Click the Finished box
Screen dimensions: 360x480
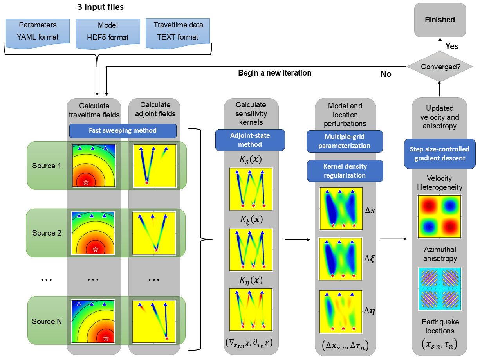click(440, 20)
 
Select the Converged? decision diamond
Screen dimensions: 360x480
click(440, 67)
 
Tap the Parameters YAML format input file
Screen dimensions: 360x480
click(38, 31)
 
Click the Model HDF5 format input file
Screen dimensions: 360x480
click(108, 32)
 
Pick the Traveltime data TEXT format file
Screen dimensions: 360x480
click(178, 31)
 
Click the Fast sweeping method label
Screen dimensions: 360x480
click(123, 131)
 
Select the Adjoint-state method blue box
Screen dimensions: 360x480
click(250, 140)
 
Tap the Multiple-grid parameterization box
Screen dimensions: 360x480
click(344, 141)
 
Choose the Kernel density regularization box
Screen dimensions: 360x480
click(344, 171)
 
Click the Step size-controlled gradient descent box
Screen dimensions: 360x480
click(439, 153)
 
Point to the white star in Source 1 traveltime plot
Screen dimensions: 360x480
click(86, 182)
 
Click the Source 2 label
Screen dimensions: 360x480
click(47, 233)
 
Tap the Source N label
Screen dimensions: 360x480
click(47, 321)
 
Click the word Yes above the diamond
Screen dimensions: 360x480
click(452, 46)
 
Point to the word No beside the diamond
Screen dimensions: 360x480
click(386, 74)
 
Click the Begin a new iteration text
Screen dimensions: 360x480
click(275, 73)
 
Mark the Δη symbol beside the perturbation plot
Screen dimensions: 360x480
click(370, 311)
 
